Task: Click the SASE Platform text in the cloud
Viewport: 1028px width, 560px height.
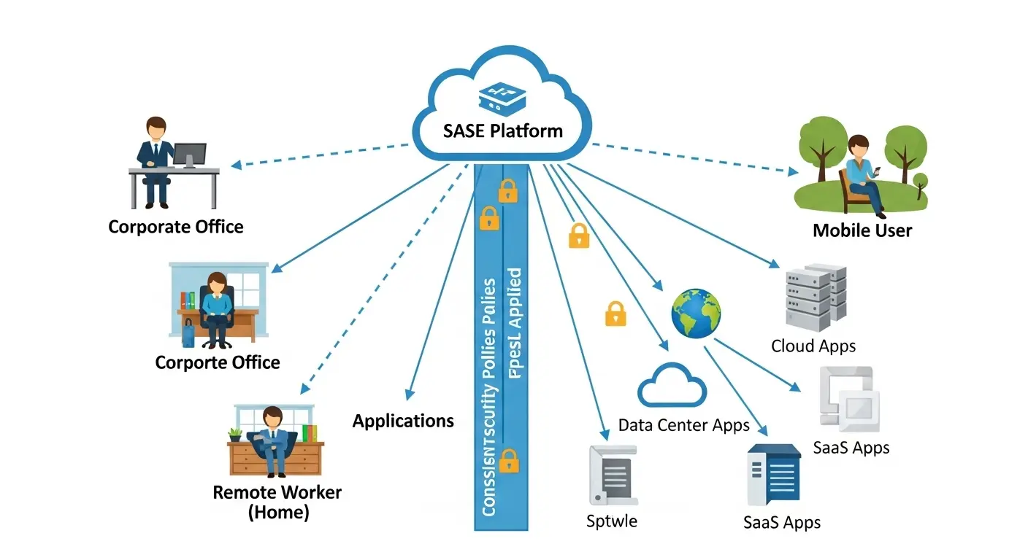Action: pyautogui.click(x=503, y=131)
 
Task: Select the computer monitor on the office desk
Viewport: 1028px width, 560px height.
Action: pyautogui.click(x=190, y=154)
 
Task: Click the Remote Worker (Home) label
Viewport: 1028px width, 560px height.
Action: pyautogui.click(x=277, y=502)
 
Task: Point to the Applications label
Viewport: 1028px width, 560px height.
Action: pyautogui.click(x=403, y=421)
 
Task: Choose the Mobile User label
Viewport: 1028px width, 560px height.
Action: pyautogui.click(x=862, y=230)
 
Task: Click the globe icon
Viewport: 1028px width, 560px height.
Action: pyautogui.click(x=696, y=314)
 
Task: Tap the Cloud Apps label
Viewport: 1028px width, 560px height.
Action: pyautogui.click(x=813, y=345)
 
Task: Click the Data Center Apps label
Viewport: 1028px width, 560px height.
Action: pyautogui.click(x=683, y=424)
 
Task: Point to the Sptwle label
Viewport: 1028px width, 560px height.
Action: pyautogui.click(x=612, y=521)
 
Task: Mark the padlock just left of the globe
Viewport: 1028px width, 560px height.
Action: pyautogui.click(x=615, y=314)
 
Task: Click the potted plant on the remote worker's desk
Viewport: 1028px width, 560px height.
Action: pyautogui.click(x=235, y=435)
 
